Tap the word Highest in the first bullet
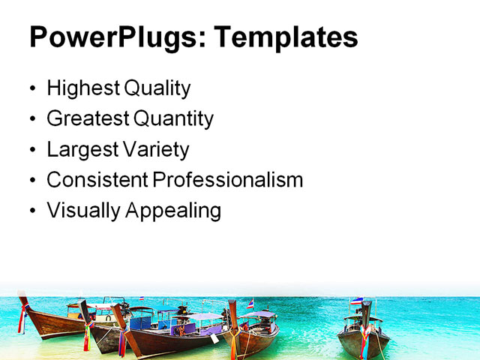(x=83, y=88)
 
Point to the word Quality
(x=157, y=88)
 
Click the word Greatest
(x=88, y=118)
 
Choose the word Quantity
(x=174, y=118)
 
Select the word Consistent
(x=97, y=180)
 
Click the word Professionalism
(x=228, y=180)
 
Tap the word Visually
(x=83, y=211)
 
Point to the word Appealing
(x=173, y=211)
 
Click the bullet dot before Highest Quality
(x=31, y=89)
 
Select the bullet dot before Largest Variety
(x=31, y=150)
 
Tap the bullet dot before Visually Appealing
(x=31, y=211)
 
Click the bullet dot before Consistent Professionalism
(x=31, y=181)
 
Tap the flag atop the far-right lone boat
(x=355, y=301)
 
